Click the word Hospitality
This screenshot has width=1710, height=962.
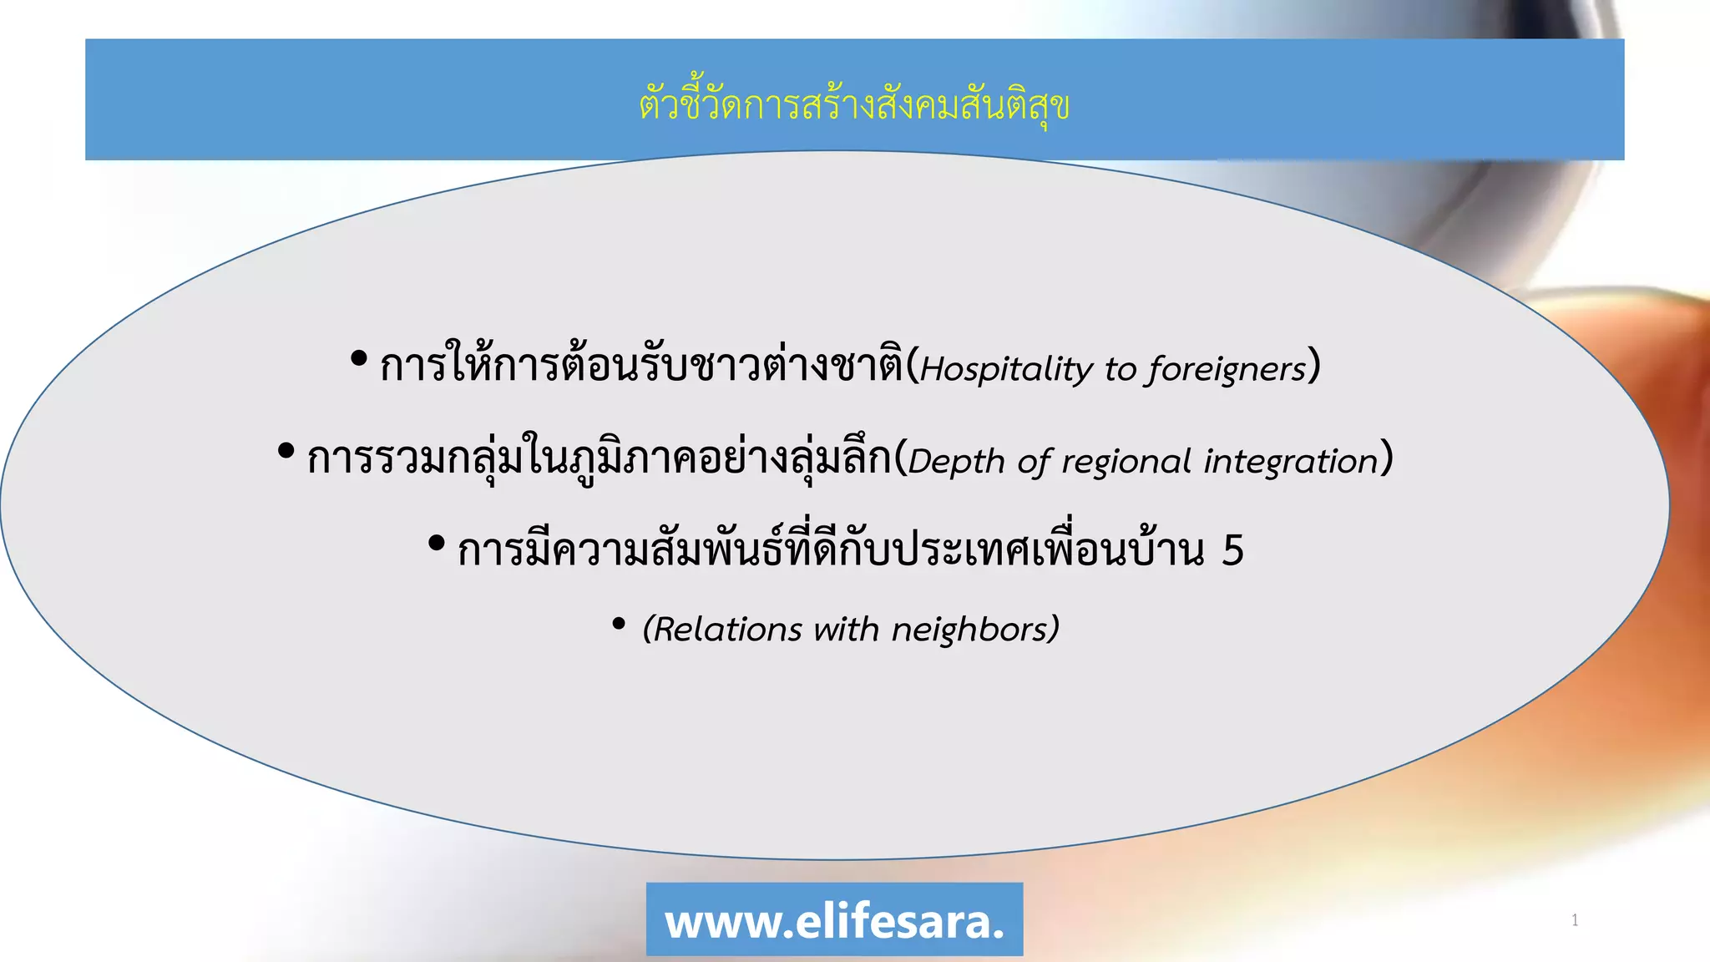point(1005,369)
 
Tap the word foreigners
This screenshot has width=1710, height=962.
point(1226,369)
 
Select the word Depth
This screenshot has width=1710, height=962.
point(956,462)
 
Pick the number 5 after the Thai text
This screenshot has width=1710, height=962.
point(1232,550)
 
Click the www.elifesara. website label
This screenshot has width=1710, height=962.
point(834,920)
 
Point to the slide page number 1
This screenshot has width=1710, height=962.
point(1575,920)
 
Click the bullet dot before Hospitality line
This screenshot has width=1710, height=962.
point(359,359)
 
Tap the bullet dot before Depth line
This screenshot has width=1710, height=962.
point(286,452)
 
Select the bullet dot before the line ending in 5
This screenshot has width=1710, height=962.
point(436,544)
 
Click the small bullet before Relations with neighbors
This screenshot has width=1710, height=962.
point(619,623)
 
